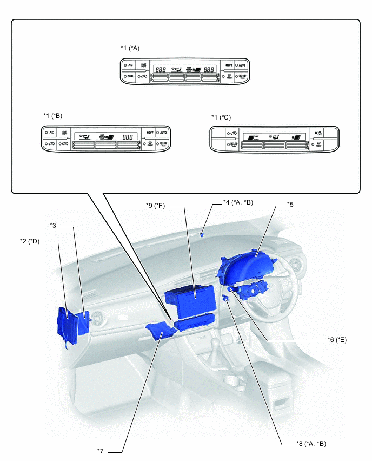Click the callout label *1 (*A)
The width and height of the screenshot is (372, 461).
(130, 48)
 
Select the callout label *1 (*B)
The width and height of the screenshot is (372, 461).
(52, 116)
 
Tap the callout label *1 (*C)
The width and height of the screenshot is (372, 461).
(221, 117)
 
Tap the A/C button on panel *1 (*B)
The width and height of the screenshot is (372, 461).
(50, 133)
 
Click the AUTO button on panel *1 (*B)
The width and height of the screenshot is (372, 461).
(163, 133)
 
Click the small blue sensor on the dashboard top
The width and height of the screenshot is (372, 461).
(202, 234)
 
